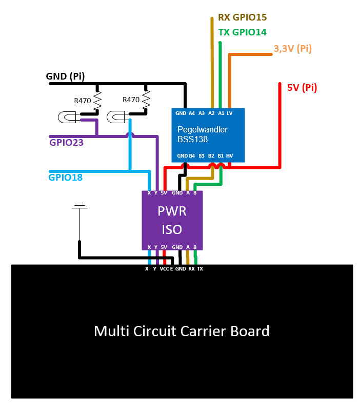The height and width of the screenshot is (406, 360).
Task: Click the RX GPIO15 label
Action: (x=243, y=17)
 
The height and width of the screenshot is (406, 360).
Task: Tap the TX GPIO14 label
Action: (x=243, y=32)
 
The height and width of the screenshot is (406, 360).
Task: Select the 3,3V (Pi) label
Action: (x=293, y=49)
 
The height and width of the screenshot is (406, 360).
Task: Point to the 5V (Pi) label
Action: (x=302, y=88)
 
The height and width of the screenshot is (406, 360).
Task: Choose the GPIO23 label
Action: (x=66, y=143)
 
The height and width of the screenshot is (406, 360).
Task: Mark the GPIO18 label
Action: (x=66, y=178)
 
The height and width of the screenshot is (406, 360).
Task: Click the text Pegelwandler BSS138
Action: (x=202, y=134)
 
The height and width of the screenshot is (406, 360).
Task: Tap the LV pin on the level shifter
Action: (x=230, y=113)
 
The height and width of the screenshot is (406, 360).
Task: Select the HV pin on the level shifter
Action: (x=229, y=156)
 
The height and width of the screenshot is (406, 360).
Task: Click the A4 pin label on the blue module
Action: (x=192, y=113)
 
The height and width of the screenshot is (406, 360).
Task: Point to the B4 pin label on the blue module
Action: (x=192, y=156)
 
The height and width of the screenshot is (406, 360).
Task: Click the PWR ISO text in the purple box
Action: (x=172, y=220)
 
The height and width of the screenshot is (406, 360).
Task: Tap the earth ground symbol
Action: (x=79, y=206)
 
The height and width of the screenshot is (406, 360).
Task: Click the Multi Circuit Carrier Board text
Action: (x=182, y=331)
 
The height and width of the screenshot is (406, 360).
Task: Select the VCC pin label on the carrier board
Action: (x=164, y=269)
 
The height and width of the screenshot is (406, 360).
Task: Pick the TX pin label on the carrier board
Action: (x=200, y=269)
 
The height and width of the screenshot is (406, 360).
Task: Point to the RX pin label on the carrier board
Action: (x=191, y=269)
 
